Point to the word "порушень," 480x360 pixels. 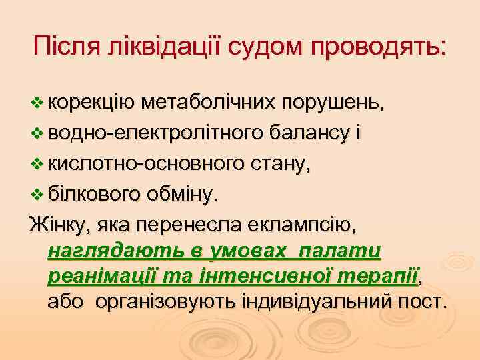pos(333,103)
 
